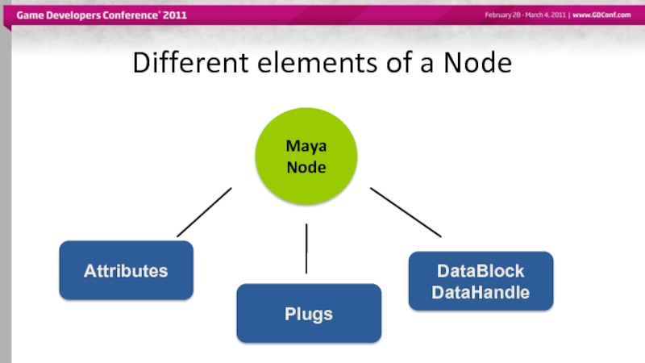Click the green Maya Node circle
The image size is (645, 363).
306,158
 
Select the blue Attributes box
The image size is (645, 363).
126,271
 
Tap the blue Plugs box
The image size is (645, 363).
309,314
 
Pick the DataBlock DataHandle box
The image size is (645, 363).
481,282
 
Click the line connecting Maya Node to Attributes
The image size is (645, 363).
204,212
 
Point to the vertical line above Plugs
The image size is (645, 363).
306,248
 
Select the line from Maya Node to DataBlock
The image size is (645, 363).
406,212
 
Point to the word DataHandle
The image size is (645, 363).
481,292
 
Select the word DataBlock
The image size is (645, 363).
481,271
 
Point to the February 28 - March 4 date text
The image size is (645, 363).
525,15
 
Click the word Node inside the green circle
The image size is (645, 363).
306,168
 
